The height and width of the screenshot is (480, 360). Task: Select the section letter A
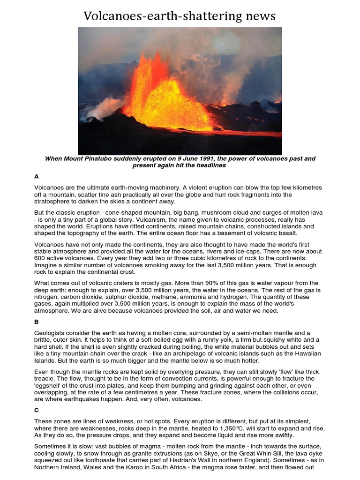(x=37, y=177)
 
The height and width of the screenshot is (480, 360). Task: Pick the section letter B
(x=37, y=322)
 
